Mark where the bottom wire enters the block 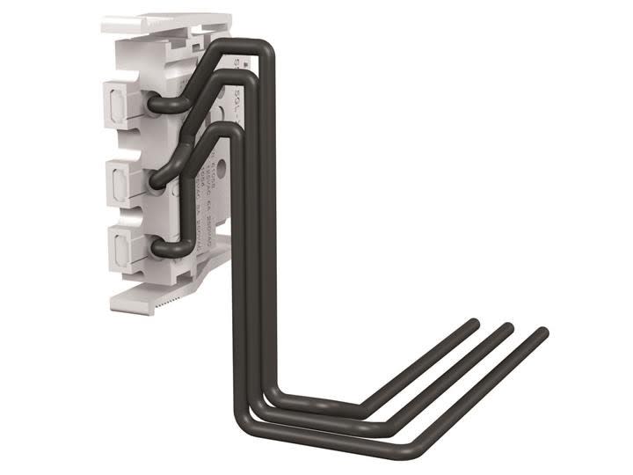coord(159,250)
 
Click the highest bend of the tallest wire coord(264,48)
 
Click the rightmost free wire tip coord(542,333)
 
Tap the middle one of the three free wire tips coord(507,328)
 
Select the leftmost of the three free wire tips coord(474,324)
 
